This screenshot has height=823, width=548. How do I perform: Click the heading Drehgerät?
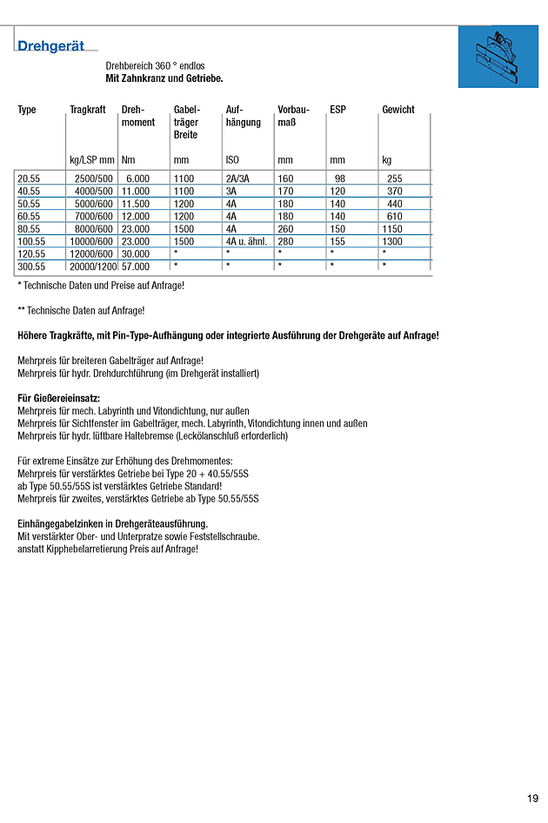(x=51, y=46)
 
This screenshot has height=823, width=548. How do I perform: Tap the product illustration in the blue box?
(x=498, y=57)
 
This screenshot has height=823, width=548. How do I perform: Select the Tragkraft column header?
(x=88, y=110)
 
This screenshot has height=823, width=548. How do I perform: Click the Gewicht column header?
(x=398, y=110)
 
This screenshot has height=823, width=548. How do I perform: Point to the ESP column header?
(x=337, y=110)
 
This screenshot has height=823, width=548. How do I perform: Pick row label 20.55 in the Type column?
(x=29, y=179)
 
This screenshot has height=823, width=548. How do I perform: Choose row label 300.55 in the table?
(x=31, y=266)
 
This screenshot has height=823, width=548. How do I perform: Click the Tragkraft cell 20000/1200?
(x=93, y=266)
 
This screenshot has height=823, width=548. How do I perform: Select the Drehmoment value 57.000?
(x=136, y=266)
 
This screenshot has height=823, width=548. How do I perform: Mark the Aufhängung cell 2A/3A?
(x=237, y=179)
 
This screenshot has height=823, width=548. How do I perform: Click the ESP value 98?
(x=340, y=179)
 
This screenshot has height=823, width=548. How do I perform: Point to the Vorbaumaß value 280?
(x=285, y=241)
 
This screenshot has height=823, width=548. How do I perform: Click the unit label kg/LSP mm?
(x=91, y=160)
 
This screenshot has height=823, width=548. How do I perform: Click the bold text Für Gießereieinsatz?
(x=58, y=398)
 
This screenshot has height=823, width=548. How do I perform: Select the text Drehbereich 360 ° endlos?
(x=155, y=66)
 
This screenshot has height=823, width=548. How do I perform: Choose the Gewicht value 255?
(x=394, y=179)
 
